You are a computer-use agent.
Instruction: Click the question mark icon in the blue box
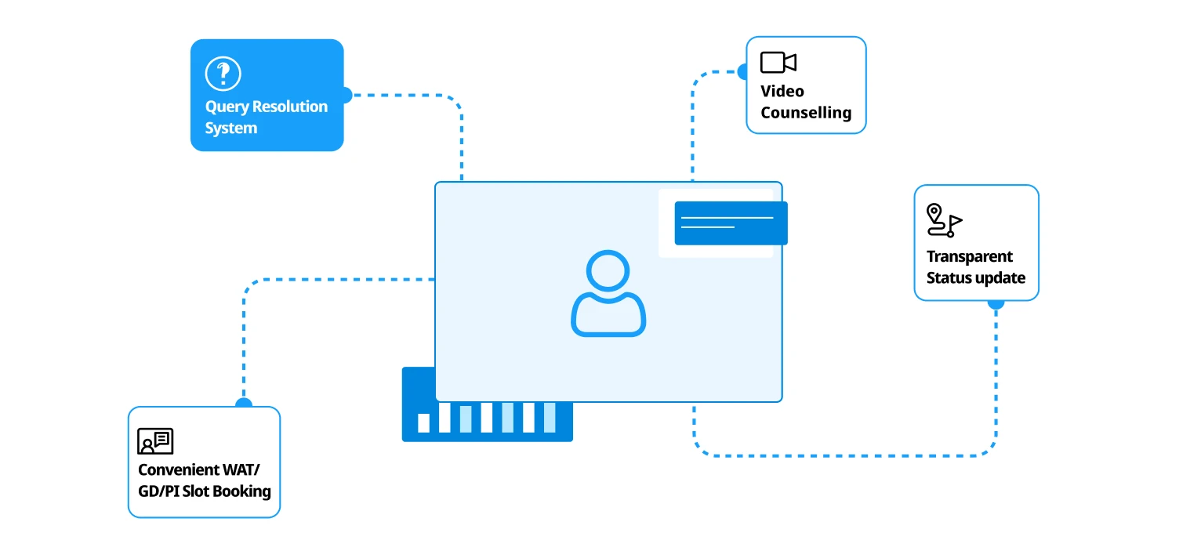tap(223, 74)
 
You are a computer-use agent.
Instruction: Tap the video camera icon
tap(778, 63)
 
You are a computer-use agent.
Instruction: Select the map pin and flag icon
tap(944, 220)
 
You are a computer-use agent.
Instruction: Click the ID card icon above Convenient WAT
tap(155, 441)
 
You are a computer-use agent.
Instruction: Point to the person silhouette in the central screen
tap(608, 294)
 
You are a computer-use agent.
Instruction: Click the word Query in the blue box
tap(227, 107)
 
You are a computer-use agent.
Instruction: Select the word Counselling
tap(806, 113)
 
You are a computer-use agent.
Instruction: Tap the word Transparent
tap(969, 256)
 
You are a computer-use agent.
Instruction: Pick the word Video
tap(782, 91)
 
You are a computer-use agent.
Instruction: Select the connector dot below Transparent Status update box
tap(996, 302)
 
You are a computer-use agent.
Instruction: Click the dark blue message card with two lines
tap(731, 223)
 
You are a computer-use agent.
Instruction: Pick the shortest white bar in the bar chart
tap(424, 423)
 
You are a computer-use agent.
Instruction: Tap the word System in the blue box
tap(231, 129)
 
